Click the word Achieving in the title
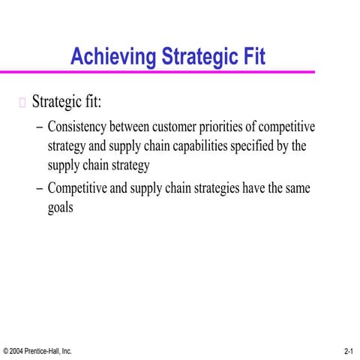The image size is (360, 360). tap(108, 56)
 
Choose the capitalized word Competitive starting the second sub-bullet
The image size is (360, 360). tap(77, 188)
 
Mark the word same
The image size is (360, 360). tap(295, 188)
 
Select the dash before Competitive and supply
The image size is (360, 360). tap(39, 188)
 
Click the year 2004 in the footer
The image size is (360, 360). tap(17, 351)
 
